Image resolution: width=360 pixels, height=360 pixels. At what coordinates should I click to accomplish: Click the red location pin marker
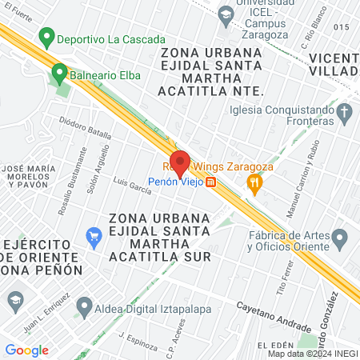point(180,162)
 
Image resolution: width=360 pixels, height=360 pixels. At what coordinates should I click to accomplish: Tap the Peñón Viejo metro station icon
point(210,182)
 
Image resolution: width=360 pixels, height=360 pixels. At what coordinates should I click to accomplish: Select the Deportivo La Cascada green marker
point(46,38)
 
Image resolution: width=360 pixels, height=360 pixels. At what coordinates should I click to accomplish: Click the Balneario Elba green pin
point(58,75)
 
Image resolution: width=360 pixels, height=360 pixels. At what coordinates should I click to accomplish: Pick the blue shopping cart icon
point(94,235)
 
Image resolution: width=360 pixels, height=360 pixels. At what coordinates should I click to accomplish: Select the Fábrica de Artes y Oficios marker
point(341,238)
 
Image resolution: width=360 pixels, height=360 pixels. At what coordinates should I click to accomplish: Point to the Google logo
point(26,350)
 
